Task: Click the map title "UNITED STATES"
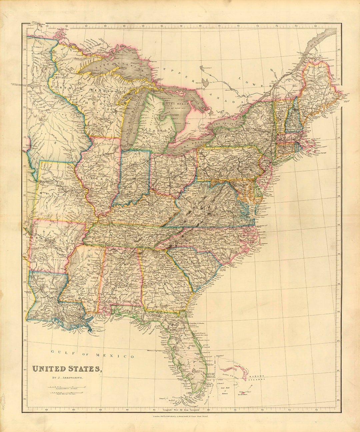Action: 66,369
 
